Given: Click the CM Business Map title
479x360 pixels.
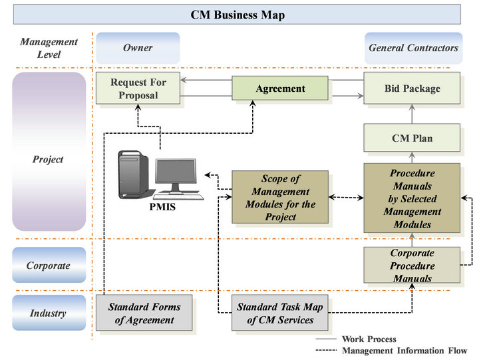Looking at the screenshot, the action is (238, 15).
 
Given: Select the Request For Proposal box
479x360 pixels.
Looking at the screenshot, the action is (138, 89).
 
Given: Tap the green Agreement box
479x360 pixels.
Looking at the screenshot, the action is (280, 89).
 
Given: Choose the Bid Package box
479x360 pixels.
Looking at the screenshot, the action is (412, 89).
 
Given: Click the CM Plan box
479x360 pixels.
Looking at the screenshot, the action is (412, 138).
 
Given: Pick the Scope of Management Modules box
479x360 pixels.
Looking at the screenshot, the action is (280, 197).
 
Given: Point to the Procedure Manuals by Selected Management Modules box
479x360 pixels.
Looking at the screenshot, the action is (412, 198).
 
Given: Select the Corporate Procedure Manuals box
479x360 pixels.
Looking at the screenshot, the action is (412, 266).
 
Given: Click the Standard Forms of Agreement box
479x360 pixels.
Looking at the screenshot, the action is (144, 313).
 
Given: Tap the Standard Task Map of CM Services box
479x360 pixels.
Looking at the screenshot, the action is (280, 313).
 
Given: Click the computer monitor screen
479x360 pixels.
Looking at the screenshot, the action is (176, 172).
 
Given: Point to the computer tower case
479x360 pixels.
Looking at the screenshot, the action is (134, 174).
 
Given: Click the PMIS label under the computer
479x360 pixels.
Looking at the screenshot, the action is (162, 207).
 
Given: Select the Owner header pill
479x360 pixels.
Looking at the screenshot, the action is (138, 48).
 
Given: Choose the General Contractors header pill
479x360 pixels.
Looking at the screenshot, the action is (413, 48).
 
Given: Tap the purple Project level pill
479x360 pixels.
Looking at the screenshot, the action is (49, 152).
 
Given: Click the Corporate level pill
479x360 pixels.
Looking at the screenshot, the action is (49, 265).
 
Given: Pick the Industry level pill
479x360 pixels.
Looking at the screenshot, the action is (49, 313).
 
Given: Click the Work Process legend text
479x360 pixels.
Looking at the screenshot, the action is (369, 339).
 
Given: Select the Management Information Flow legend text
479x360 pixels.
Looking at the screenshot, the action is (404, 351).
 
